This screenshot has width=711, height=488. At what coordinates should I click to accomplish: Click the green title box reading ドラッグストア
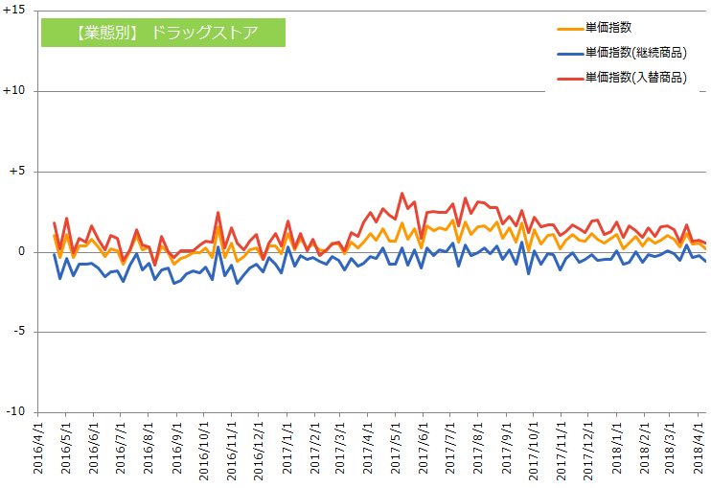coord(163,32)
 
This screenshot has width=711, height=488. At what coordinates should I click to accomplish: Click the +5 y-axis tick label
coord(20,172)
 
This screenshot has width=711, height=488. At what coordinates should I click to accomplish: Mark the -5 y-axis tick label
coord(22,332)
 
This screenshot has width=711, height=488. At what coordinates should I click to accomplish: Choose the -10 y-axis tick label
coord(19,412)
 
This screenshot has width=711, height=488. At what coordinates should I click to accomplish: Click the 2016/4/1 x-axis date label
coord(38,447)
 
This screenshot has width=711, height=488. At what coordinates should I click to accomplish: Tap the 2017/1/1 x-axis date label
coord(287,447)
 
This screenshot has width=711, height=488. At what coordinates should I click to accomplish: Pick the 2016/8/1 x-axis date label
coord(149,447)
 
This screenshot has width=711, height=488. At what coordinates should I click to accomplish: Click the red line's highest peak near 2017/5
coord(402,194)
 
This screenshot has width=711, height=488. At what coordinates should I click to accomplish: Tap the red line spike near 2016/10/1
coord(218,213)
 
